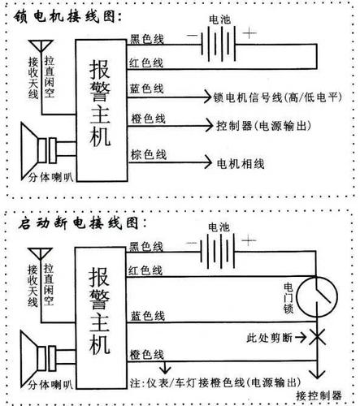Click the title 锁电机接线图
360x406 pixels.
(67, 16)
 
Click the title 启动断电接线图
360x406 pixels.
(82, 223)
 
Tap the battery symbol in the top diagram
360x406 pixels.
(219, 44)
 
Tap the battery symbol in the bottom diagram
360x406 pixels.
(217, 251)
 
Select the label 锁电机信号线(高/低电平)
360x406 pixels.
(277, 97)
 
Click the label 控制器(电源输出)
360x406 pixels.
(263, 126)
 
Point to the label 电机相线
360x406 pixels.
(241, 164)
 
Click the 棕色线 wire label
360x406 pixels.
(149, 154)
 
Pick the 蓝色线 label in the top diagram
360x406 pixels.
(146, 89)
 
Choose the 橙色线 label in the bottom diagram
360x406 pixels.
(146, 355)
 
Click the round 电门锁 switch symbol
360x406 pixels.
(317, 296)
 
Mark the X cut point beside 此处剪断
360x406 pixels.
(317, 337)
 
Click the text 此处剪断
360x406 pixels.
(270, 338)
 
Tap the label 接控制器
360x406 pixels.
(319, 395)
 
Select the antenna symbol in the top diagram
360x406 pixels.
(41, 46)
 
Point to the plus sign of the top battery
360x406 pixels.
(249, 33)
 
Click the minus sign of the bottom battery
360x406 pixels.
(192, 243)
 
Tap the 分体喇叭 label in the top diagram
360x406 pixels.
(50, 178)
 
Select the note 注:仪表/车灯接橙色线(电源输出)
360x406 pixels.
(215, 382)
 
